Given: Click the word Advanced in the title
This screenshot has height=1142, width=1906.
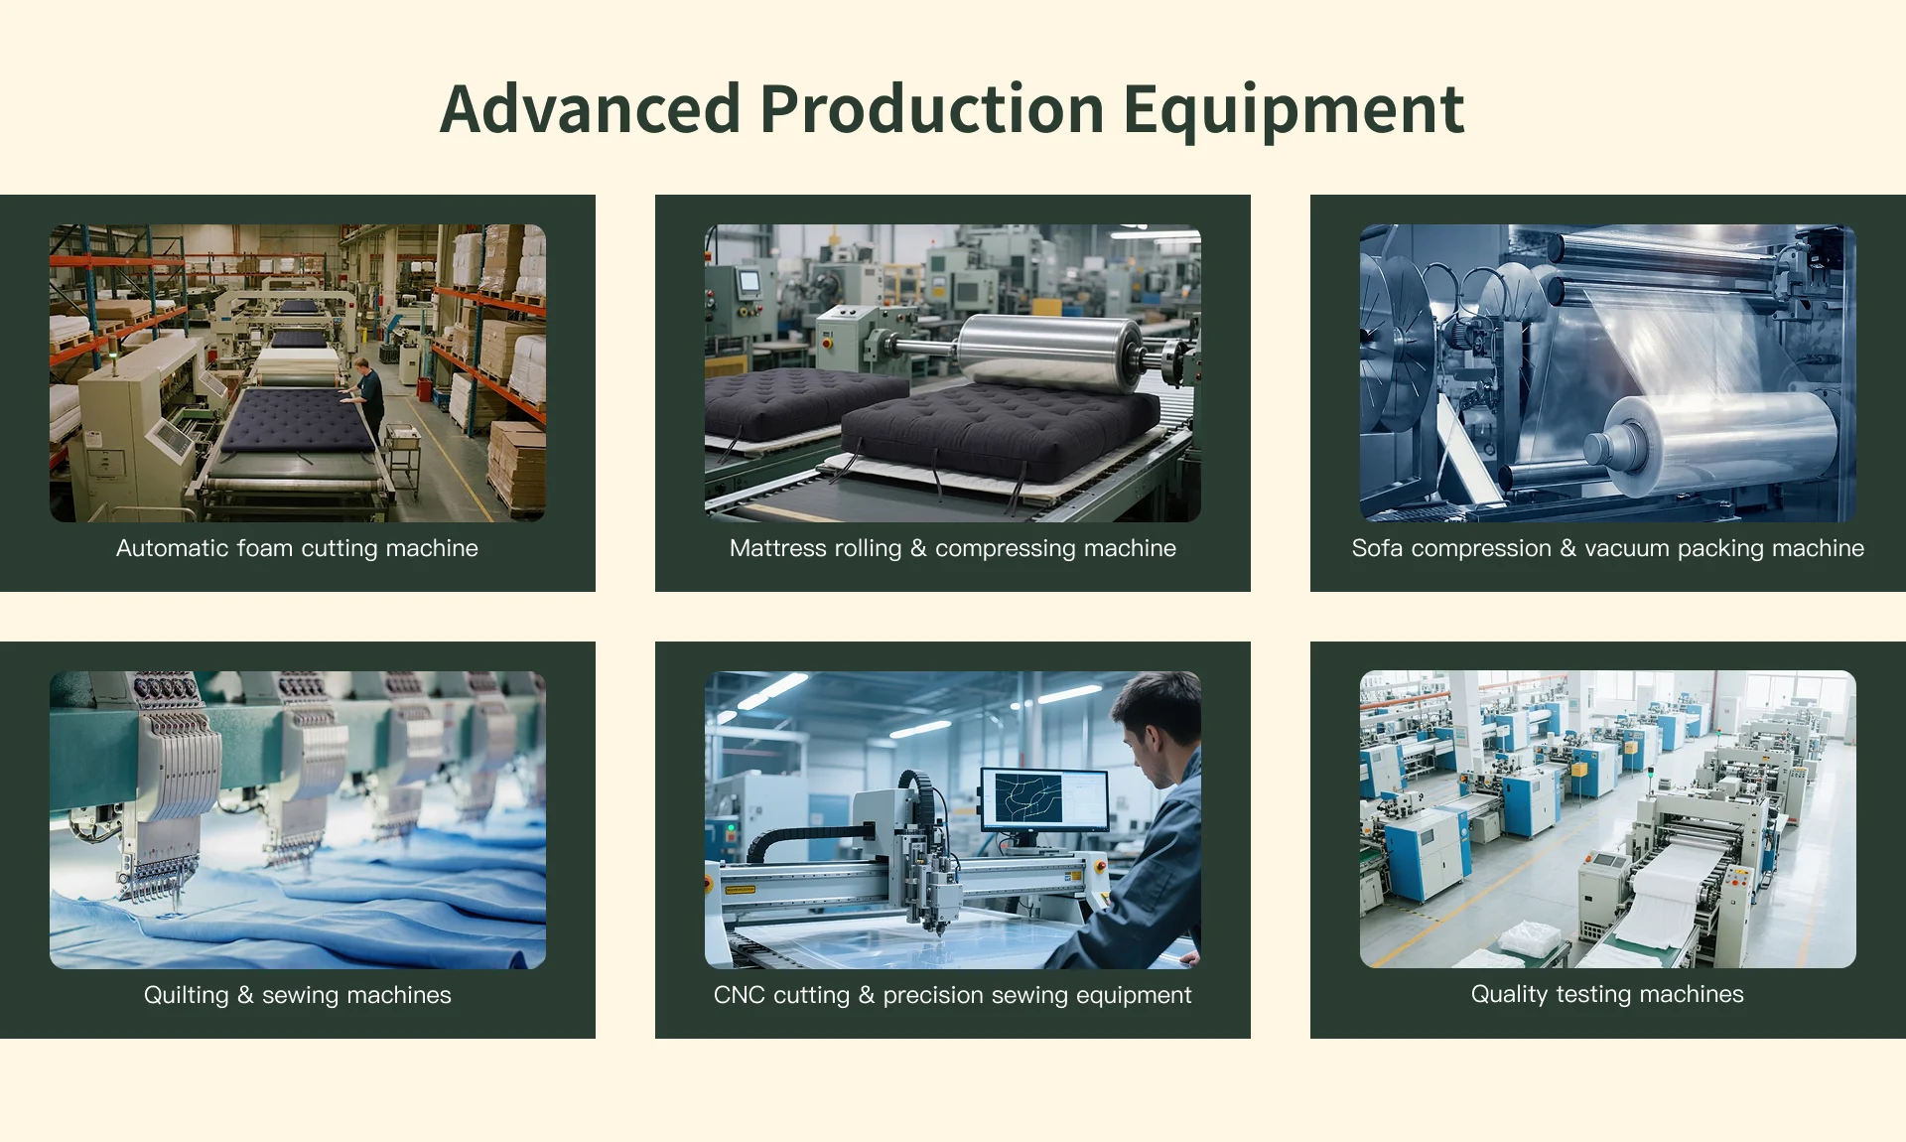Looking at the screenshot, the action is click(591, 108).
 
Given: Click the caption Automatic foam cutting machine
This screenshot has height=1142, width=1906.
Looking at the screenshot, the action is click(297, 548).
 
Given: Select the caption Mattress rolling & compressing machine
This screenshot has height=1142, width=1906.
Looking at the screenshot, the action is click(953, 548).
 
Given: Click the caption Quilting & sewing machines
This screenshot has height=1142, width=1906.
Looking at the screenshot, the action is click(297, 995).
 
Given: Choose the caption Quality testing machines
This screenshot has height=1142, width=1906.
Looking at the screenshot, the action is click(1607, 994).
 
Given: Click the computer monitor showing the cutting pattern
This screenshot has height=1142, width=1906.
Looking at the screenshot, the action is click(1044, 799).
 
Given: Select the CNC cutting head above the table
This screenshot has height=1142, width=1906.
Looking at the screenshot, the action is click(928, 874).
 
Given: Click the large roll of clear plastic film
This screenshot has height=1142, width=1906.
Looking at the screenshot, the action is click(1717, 442).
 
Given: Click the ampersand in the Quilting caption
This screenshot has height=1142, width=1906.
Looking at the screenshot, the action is click(245, 995).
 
